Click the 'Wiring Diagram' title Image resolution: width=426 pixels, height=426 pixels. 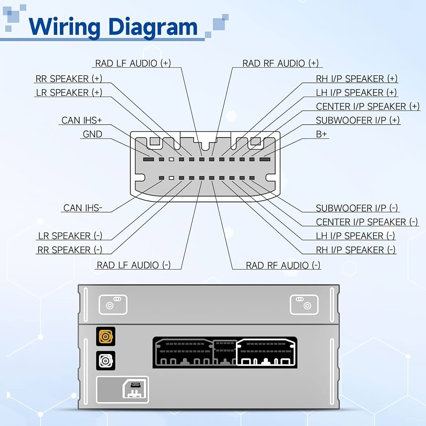(x=113, y=27)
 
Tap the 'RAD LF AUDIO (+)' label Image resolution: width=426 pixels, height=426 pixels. (x=133, y=63)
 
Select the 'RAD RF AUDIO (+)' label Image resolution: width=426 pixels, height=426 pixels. (x=280, y=63)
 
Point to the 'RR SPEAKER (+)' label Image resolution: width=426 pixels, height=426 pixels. (x=69, y=79)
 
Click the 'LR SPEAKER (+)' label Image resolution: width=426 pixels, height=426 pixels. (x=69, y=92)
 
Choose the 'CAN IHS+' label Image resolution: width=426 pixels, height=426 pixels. (x=81, y=121)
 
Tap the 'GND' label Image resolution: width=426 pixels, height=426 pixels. (x=92, y=134)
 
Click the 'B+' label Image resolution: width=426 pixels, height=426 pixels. (x=322, y=134)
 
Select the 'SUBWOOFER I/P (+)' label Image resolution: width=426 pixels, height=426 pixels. (x=358, y=121)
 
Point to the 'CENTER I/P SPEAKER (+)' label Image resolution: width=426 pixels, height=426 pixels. (x=368, y=106)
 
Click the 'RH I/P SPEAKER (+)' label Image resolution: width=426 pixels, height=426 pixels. (x=356, y=79)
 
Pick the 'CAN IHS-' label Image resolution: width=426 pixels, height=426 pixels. (x=82, y=208)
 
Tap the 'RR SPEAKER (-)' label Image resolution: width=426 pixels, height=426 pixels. (x=70, y=250)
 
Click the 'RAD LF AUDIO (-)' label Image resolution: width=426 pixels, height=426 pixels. (x=133, y=265)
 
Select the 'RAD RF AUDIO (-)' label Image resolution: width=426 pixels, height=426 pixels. (x=283, y=265)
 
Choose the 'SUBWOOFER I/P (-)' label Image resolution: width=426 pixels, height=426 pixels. (x=357, y=208)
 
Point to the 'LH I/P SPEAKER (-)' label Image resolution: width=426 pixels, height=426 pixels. (x=355, y=236)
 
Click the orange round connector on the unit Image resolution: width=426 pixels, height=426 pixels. (x=106, y=337)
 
